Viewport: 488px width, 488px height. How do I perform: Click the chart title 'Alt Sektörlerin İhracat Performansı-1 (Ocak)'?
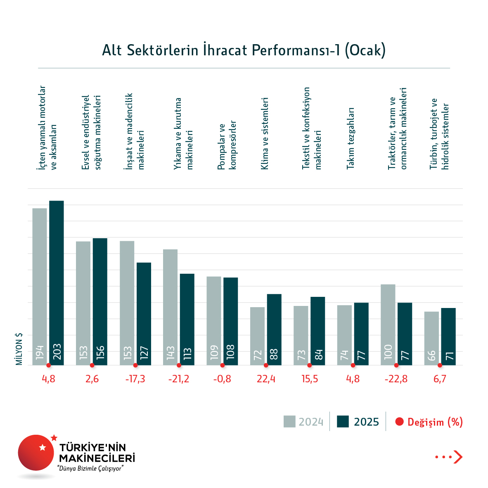(x=244, y=50)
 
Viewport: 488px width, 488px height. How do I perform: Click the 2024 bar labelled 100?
(x=388, y=325)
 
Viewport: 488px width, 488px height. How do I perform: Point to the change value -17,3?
(x=135, y=379)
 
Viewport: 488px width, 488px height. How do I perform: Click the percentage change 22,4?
(x=266, y=379)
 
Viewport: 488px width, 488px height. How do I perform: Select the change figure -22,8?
(x=396, y=379)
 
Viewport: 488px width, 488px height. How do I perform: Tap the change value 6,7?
(x=440, y=379)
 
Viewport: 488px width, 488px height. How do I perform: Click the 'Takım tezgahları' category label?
(x=351, y=138)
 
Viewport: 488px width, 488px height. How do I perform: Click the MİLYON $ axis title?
(x=19, y=349)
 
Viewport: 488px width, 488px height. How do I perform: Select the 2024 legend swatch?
(x=289, y=422)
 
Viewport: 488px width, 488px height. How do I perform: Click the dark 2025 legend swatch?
(x=343, y=422)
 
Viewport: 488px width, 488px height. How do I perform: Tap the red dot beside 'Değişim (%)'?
(x=399, y=422)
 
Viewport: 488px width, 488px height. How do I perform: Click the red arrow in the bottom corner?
(x=457, y=457)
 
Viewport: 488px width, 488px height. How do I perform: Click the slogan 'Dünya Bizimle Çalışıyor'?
(x=91, y=469)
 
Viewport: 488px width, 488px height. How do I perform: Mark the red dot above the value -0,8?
(x=223, y=365)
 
